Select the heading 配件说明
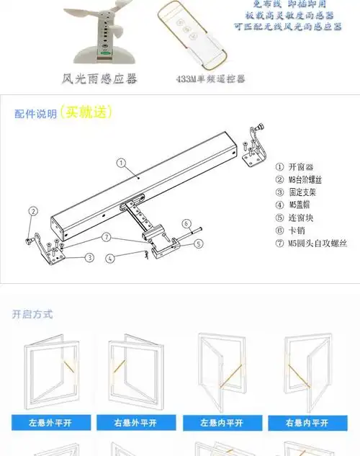tap(35, 114)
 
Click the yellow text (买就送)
tap(86, 112)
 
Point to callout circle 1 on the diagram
tap(122, 163)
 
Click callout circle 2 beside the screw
tap(32, 211)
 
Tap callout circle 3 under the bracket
tap(89, 257)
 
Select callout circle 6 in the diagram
tap(186, 223)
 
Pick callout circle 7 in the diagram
tap(106, 236)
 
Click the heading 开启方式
tap(32, 314)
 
